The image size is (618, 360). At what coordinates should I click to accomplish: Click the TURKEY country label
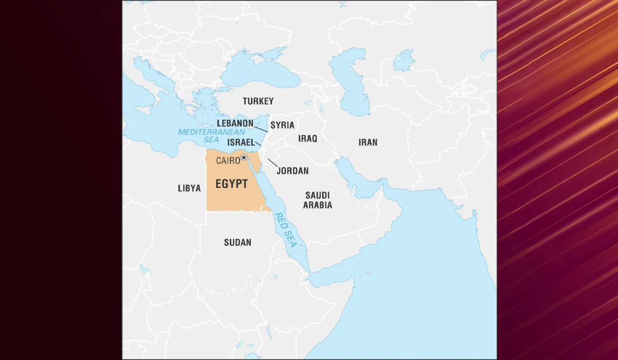(x=258, y=101)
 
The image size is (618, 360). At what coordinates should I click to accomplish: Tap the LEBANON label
(x=235, y=123)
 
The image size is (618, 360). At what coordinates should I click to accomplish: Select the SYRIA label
(x=282, y=125)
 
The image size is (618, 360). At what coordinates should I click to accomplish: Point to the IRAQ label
(x=308, y=139)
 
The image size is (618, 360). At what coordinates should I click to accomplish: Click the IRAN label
(x=368, y=142)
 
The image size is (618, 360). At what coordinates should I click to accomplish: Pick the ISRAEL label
(x=241, y=143)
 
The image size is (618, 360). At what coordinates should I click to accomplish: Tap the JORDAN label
(x=292, y=171)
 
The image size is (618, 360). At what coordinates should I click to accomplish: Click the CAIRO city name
(x=228, y=160)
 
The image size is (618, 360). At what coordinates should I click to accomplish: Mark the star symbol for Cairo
(x=244, y=157)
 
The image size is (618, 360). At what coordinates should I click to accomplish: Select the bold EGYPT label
(x=232, y=184)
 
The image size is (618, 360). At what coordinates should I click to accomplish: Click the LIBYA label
(x=189, y=188)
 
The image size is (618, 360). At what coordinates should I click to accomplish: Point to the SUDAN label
(x=237, y=242)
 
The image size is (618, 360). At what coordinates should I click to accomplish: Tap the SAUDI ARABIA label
(x=318, y=200)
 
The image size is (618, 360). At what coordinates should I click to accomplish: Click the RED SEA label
(x=285, y=230)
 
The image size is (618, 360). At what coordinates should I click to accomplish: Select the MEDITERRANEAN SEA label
(x=211, y=135)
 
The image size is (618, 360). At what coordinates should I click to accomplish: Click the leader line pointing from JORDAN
(x=273, y=163)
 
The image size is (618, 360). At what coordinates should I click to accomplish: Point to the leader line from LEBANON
(x=261, y=129)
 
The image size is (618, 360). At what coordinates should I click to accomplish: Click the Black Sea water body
(x=261, y=72)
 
